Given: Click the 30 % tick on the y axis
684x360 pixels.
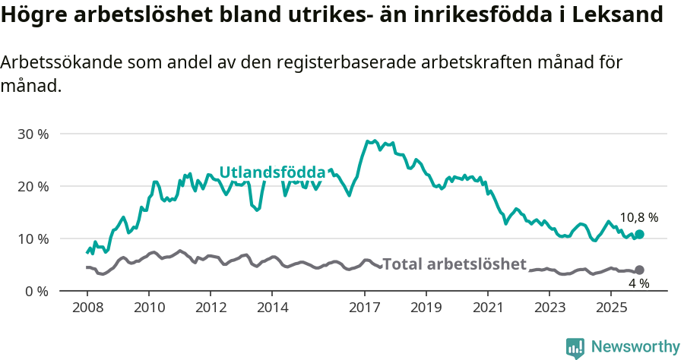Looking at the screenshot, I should (x=32, y=134).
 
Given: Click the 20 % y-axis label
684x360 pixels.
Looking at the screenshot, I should (x=32, y=187).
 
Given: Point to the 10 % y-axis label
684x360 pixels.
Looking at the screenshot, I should (x=32, y=239).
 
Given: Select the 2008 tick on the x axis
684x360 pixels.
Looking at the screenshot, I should (x=87, y=308).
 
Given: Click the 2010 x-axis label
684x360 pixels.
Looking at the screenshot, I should (x=148, y=308).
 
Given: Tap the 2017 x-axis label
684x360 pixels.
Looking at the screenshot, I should (x=365, y=308).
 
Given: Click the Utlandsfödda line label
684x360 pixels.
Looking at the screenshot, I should (x=272, y=172).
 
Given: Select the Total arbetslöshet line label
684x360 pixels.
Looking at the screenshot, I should (x=454, y=264).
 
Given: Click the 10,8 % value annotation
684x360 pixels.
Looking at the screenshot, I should (x=638, y=217).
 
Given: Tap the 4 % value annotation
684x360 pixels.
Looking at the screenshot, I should (x=638, y=283).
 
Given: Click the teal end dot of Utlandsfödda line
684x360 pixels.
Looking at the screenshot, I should (x=639, y=235).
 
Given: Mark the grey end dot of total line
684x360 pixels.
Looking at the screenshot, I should (x=639, y=270).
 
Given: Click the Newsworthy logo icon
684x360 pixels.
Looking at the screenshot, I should (x=575, y=347).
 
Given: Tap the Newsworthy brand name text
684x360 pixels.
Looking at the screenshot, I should (x=635, y=347).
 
